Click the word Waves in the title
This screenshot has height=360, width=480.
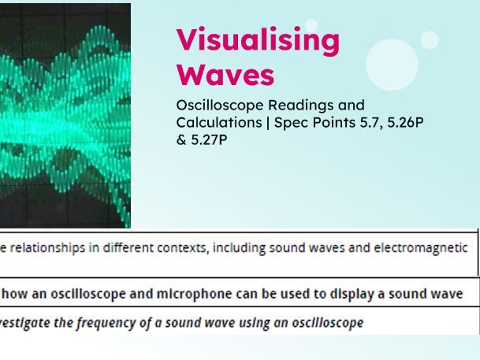coord(225,75)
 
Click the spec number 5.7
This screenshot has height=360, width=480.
coord(378,124)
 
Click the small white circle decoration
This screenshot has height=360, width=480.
coord(430,39)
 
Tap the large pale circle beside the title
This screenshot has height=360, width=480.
coord(392,65)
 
